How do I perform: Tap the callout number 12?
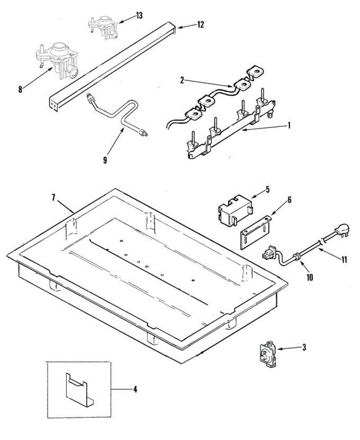[x=200, y=25]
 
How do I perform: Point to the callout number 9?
[x=105, y=160]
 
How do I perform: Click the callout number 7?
[x=54, y=198]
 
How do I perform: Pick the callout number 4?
[x=135, y=390]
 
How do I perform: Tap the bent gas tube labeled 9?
[x=121, y=114]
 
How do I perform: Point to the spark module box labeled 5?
[x=234, y=210]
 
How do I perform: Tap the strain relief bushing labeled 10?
[x=298, y=257]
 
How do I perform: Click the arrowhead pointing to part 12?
[x=179, y=27]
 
